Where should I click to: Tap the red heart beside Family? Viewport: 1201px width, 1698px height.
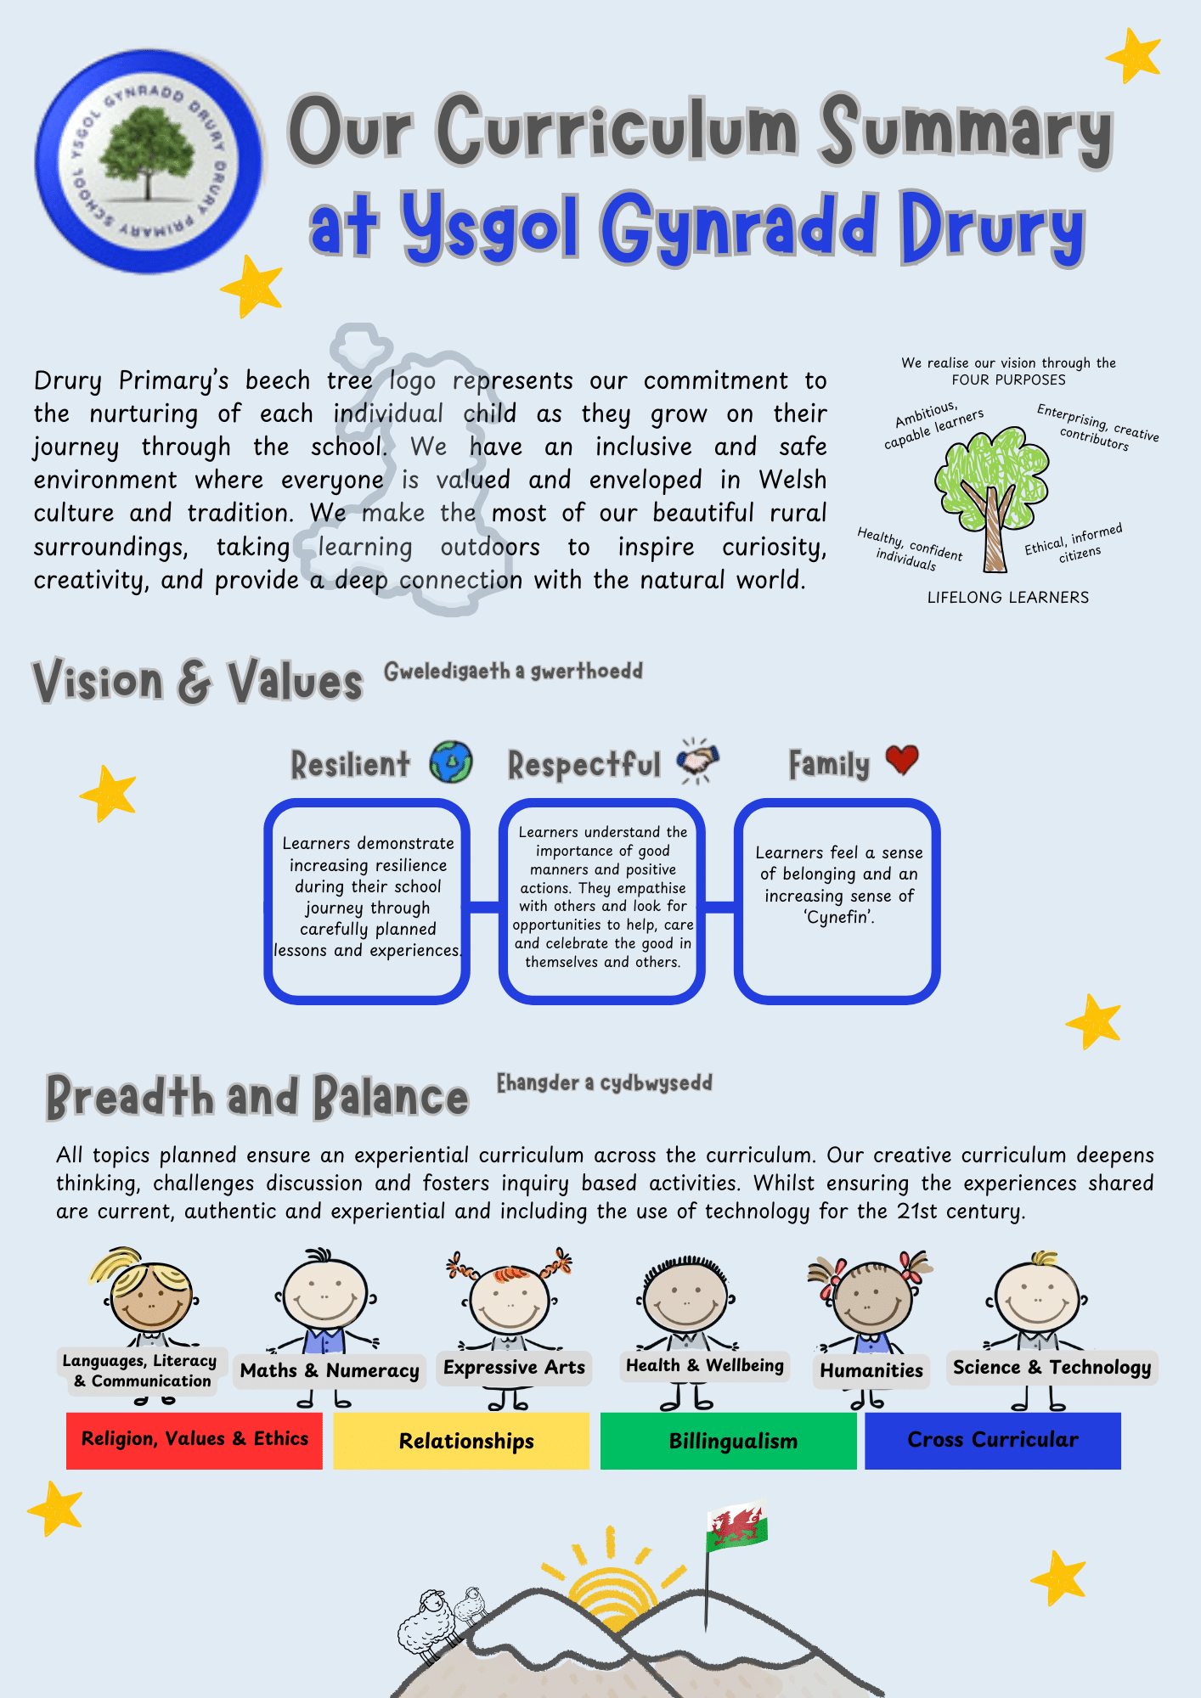click(x=901, y=759)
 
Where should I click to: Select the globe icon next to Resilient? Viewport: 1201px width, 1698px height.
click(x=450, y=762)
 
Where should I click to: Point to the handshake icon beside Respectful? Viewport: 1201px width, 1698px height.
click(x=697, y=759)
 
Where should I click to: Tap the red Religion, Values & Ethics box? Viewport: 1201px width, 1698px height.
click(x=195, y=1440)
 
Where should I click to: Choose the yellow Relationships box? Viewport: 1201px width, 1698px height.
click(x=461, y=1441)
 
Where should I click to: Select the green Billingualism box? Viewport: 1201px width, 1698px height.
click(x=729, y=1441)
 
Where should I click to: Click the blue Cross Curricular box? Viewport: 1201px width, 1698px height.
click(x=992, y=1441)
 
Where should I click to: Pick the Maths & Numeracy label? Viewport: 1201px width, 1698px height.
click(x=330, y=1370)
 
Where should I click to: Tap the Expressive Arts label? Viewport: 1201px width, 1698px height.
click(x=514, y=1367)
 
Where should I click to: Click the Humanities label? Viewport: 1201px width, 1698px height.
click(x=871, y=1370)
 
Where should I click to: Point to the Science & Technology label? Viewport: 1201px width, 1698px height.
click(x=1052, y=1367)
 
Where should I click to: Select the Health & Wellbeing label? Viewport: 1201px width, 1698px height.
click(x=704, y=1365)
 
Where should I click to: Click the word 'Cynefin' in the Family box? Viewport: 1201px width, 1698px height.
click(x=838, y=917)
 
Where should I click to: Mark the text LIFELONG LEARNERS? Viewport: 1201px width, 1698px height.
click(x=1007, y=598)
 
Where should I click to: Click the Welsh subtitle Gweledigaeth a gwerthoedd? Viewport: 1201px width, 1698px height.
click(x=513, y=672)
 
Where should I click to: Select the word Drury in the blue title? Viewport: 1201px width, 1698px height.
click(x=992, y=228)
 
